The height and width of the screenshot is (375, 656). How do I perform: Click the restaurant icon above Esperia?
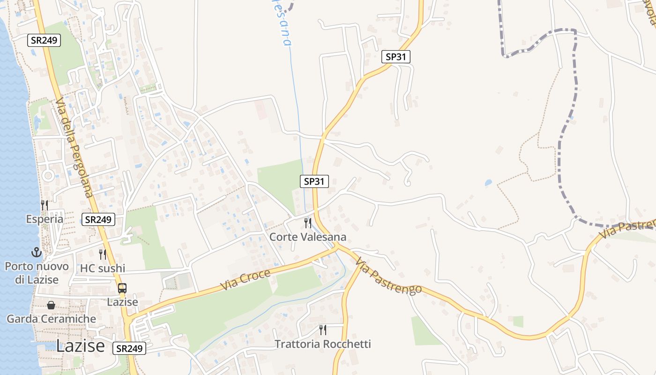click(45, 205)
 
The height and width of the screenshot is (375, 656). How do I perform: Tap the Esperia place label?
click(45, 219)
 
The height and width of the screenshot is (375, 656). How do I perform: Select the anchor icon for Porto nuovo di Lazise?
click(37, 253)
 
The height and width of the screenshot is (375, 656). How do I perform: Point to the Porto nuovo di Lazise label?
click(37, 273)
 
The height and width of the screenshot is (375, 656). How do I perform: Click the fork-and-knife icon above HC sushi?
click(103, 255)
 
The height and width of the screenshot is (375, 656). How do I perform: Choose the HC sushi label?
click(103, 268)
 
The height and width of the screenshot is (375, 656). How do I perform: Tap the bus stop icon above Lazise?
click(122, 288)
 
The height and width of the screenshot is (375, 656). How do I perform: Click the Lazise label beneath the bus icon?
click(122, 302)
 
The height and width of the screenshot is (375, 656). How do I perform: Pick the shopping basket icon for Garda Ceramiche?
click(51, 305)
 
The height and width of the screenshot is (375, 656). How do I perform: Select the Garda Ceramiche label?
click(51, 319)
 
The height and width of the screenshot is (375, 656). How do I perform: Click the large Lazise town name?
click(81, 346)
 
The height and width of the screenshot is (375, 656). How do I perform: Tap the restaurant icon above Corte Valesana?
click(308, 223)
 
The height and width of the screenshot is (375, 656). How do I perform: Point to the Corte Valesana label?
click(308, 237)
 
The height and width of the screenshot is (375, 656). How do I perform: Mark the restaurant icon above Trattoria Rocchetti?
click(323, 330)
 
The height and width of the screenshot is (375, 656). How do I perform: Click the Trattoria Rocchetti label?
click(323, 344)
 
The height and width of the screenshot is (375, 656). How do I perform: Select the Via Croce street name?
click(246, 279)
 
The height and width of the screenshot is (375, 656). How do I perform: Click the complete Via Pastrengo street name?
click(388, 277)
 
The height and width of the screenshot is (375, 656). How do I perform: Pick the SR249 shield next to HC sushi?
click(98, 219)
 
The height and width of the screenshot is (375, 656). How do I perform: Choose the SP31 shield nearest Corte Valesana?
click(314, 181)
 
